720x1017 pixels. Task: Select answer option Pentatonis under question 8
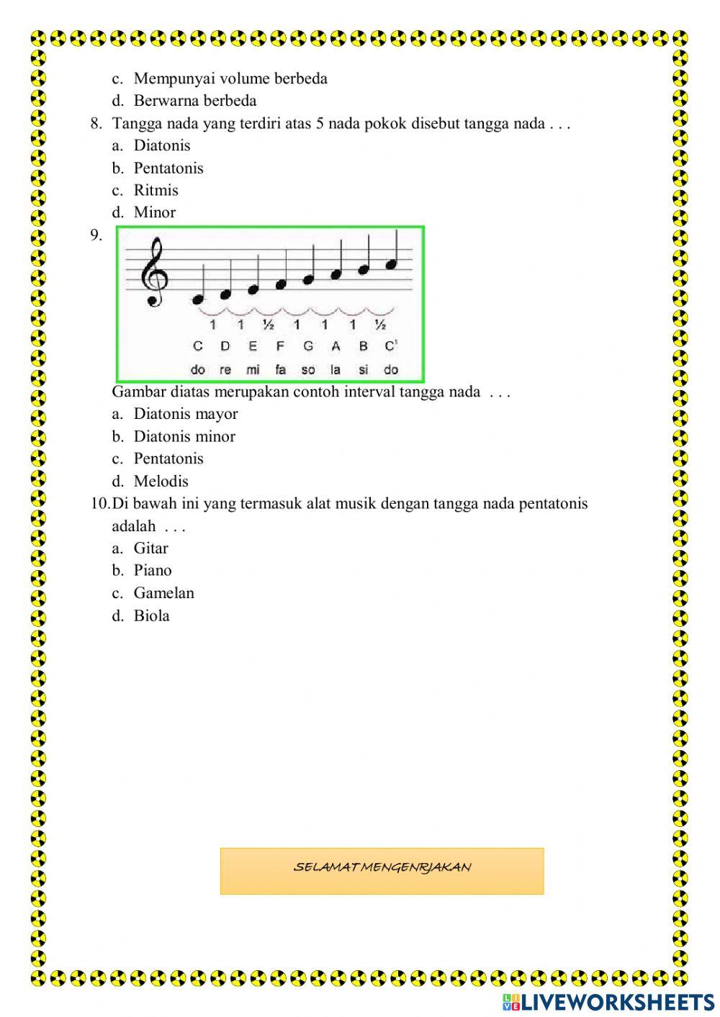tap(168, 168)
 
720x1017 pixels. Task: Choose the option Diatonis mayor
tap(185, 414)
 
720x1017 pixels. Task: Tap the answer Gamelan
tap(163, 593)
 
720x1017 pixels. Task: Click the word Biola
tap(151, 615)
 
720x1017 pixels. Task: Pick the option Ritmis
tap(156, 190)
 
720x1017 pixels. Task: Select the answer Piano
tap(153, 571)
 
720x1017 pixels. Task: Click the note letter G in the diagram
tap(308, 346)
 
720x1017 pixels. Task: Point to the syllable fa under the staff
tap(280, 370)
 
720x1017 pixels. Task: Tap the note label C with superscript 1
tap(391, 346)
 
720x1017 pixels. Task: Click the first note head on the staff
tap(198, 299)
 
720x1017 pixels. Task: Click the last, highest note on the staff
tap(391, 265)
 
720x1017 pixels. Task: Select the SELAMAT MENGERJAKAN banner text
tap(382, 868)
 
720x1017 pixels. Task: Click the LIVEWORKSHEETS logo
tap(608, 1001)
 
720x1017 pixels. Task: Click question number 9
tap(96, 235)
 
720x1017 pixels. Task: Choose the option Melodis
tap(161, 481)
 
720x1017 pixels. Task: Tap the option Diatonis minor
tap(184, 436)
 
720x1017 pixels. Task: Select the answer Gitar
tap(150, 548)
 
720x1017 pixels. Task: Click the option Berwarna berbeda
tap(194, 101)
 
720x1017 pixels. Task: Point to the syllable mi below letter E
tap(253, 370)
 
